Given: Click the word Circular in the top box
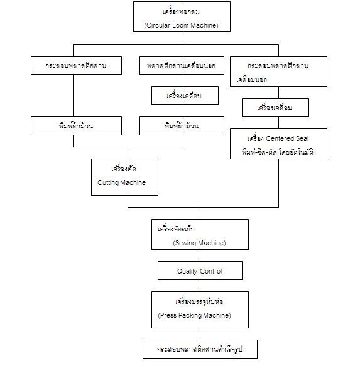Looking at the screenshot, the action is (x=158, y=25).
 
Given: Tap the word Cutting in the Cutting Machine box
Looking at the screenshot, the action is (x=108, y=182).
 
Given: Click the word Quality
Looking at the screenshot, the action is (x=187, y=271).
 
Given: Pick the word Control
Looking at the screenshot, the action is (x=211, y=271).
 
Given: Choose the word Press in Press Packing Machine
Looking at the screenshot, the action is (x=167, y=315).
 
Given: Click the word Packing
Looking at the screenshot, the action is (x=190, y=315).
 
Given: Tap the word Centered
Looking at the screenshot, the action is (x=280, y=138).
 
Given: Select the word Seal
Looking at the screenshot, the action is (x=302, y=138).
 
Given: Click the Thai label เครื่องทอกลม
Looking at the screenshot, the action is (x=181, y=11).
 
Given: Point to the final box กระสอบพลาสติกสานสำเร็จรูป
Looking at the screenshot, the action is (x=200, y=349).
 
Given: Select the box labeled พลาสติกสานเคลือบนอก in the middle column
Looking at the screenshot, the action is (x=182, y=65).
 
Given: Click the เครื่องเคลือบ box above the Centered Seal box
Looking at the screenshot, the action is (x=275, y=108).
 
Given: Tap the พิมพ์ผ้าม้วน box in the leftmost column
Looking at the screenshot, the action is (x=76, y=126).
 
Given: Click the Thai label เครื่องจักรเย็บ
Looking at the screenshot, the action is (x=176, y=229).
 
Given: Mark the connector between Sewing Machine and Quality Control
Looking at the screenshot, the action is (x=200, y=255).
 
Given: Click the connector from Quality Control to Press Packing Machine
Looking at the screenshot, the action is (x=200, y=286).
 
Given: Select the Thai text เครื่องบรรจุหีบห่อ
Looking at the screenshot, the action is (x=199, y=301).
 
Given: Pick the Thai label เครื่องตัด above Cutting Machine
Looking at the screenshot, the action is (x=124, y=169).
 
